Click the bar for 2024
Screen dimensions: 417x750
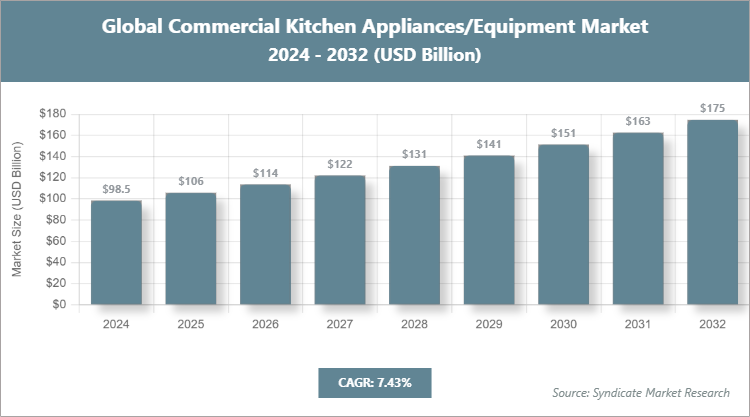pos(116,252)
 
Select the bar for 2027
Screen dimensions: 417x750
pos(340,240)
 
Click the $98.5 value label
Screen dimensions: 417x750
pos(116,189)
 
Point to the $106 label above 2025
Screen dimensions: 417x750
pos(190,181)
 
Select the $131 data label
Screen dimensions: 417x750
pos(414,154)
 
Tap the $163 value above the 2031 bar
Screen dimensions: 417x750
pos(638,121)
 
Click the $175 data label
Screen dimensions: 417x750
pos(712,108)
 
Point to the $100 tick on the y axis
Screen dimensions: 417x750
pos(52,198)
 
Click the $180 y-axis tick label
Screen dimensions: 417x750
pos(52,114)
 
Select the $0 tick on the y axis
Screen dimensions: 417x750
pos(59,304)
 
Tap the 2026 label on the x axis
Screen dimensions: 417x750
pos(265,323)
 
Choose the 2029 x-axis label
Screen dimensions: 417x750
pos(489,323)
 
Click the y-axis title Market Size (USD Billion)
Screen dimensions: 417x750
pos(17,208)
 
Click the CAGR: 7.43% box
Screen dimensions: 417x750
pos(373,382)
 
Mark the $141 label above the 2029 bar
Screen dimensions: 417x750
pos(489,144)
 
